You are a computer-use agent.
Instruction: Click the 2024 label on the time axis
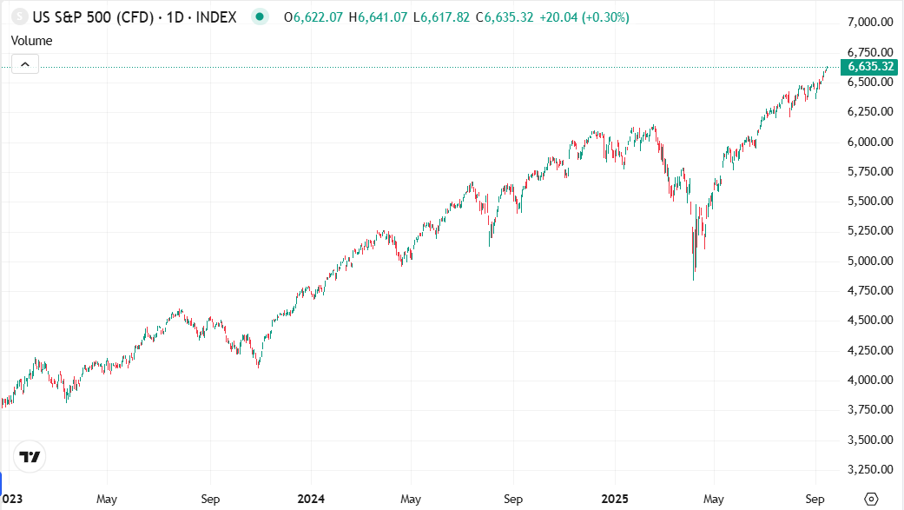tap(310, 500)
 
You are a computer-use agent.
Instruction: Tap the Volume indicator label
tap(31, 40)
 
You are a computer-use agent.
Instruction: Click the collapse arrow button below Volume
tap(25, 63)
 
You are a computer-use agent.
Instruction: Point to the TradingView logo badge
tap(30, 457)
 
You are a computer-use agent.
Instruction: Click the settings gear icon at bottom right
tap(872, 499)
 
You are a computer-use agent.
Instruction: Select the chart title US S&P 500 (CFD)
tap(87, 17)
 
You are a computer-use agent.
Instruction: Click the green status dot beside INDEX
tap(259, 17)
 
